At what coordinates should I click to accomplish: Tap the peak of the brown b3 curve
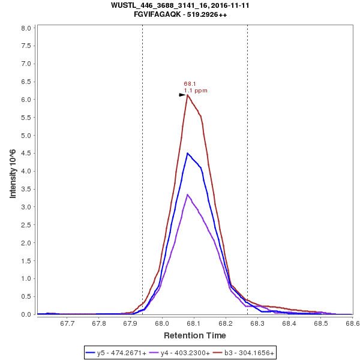[188, 95]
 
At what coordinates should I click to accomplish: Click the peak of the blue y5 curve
[187, 153]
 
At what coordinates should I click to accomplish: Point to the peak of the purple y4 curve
[188, 194]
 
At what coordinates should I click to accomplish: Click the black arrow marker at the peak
[182, 95]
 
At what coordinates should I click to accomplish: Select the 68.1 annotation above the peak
[190, 84]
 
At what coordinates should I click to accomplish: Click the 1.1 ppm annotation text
[196, 91]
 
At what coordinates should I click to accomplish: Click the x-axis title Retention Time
[195, 335]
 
